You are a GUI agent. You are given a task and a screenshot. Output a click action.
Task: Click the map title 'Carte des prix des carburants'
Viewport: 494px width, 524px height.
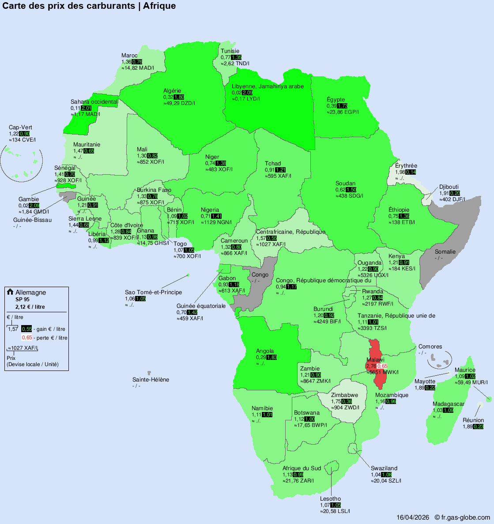(x=71, y=6)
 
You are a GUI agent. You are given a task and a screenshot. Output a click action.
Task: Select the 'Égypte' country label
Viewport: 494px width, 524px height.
(x=336, y=100)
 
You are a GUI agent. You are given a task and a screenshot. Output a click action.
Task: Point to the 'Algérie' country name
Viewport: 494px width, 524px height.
(x=172, y=91)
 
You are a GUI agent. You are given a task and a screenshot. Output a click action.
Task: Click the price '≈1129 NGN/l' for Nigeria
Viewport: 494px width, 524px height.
(x=216, y=222)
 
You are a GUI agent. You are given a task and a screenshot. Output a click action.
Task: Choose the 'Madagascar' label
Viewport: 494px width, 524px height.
(x=448, y=404)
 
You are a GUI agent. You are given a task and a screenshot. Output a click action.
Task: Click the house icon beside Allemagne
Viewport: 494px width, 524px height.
(x=10, y=292)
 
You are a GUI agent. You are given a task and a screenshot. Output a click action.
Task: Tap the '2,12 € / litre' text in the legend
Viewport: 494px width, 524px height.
(x=30, y=307)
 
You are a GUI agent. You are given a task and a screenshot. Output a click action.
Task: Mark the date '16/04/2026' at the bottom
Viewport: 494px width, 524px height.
(x=413, y=517)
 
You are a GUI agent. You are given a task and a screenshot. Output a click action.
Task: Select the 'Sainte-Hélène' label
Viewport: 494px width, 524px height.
(x=151, y=380)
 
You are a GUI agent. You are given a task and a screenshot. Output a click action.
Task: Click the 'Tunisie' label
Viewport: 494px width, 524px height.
(x=230, y=51)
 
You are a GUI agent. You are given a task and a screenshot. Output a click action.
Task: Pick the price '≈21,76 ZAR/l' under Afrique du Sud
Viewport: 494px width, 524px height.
(x=298, y=481)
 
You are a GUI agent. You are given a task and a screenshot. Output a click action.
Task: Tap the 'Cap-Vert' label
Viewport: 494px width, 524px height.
(x=20, y=127)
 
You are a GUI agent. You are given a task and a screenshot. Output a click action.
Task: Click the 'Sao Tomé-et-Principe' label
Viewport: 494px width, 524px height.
(x=153, y=292)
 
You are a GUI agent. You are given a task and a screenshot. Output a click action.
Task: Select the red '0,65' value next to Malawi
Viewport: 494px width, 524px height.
(x=382, y=366)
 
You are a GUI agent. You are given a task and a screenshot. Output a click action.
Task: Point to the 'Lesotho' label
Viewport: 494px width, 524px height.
(x=330, y=499)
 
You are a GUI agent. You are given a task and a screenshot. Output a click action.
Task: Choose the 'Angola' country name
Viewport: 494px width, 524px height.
(x=265, y=351)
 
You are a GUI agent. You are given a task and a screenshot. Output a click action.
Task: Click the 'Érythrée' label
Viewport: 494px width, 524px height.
(x=406, y=166)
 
